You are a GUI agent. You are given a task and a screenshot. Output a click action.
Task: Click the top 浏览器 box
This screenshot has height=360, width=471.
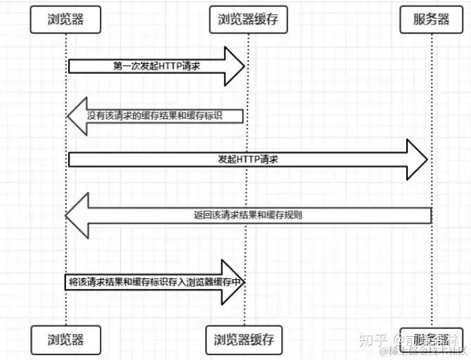[x=65, y=20]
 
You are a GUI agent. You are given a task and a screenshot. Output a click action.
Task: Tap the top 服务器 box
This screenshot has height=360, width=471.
[x=432, y=20]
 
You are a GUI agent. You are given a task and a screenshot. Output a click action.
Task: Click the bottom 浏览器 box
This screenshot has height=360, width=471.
[x=66, y=340]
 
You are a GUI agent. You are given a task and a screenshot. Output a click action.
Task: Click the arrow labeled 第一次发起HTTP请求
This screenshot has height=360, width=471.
[x=155, y=65]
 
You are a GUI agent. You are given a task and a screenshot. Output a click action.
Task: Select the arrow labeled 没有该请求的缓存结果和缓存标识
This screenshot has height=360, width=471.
[x=155, y=115]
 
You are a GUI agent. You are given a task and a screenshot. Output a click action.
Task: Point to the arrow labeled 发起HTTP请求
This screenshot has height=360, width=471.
[x=246, y=160]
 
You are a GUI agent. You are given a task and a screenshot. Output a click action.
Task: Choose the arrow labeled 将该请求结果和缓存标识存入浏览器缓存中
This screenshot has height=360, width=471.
[x=155, y=281]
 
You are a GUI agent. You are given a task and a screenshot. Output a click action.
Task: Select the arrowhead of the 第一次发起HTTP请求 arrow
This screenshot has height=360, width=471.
[x=234, y=65]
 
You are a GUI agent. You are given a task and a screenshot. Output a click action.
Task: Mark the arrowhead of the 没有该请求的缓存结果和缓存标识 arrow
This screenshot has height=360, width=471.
[x=77, y=115]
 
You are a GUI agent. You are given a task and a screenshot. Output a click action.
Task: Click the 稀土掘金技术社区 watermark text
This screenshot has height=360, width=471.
[x=425, y=351]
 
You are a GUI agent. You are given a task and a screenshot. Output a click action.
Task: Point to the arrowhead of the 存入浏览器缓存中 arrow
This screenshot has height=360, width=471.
[x=233, y=281]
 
